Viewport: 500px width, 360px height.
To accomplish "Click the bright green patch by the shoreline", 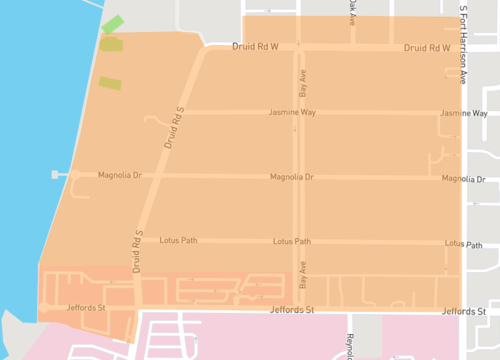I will [x=113, y=24].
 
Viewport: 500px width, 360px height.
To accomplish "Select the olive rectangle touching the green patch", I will [x=111, y=43].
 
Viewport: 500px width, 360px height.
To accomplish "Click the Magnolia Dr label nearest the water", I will [x=120, y=175].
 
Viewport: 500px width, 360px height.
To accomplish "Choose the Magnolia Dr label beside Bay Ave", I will [x=292, y=177].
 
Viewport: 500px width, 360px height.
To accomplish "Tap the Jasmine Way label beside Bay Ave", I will [x=293, y=113].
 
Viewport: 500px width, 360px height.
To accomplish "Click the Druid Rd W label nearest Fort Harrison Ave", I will [x=427, y=48].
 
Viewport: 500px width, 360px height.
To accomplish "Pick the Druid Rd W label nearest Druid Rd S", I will [x=254, y=46].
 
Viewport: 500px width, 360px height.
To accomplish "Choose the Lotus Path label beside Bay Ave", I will [x=291, y=241].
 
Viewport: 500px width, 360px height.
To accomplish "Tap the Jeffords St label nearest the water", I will [x=86, y=307].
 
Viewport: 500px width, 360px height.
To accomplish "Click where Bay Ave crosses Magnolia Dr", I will [x=300, y=177].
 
